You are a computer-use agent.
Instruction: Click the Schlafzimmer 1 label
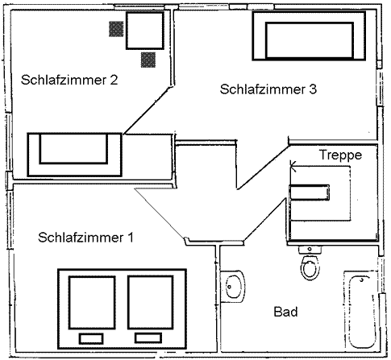coord(85,238)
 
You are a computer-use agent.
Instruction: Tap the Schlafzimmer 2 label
coord(69,80)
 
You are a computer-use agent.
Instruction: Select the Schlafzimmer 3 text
coord(268,89)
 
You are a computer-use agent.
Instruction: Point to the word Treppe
coord(340,155)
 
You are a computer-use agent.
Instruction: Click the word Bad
coord(285,312)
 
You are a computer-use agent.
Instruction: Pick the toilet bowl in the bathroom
coord(310,267)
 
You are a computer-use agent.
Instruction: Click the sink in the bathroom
coord(232,287)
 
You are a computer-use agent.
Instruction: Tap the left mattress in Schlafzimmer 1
coord(92,302)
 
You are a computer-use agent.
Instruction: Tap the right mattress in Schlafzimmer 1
coord(150,302)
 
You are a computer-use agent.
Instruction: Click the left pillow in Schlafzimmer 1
coord(91,339)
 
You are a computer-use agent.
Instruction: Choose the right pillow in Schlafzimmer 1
coord(148,338)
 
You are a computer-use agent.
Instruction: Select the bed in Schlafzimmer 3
coord(309,35)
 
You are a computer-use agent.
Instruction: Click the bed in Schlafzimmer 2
coord(75,155)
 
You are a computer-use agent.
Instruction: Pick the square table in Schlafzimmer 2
coord(145,31)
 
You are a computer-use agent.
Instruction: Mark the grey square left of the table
coord(116,29)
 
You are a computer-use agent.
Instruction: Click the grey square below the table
coord(148,60)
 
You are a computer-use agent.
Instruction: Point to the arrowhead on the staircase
coord(293,167)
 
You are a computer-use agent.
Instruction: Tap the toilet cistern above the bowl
coord(310,250)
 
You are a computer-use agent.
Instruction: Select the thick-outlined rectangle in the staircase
coord(309,192)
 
